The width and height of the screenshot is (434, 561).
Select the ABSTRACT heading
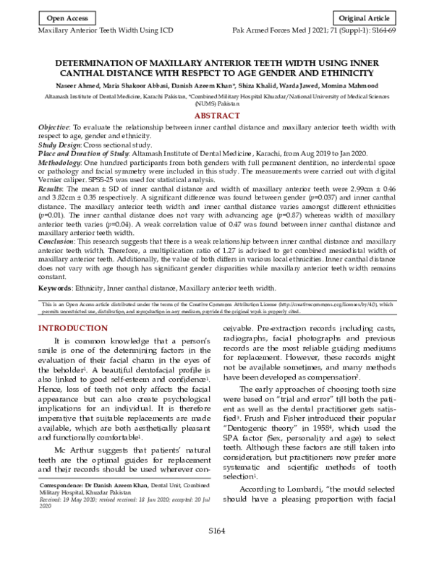[218, 116]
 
